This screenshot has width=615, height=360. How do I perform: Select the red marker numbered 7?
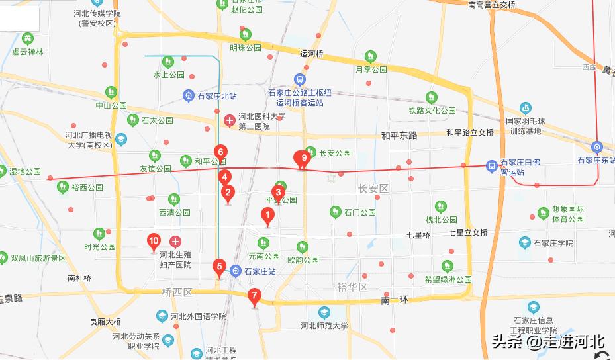pos(254,296)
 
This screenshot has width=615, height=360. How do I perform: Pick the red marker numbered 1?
pos(267,215)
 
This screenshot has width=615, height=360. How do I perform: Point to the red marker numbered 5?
pos(219,267)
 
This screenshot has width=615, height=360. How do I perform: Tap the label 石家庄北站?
pos(216,96)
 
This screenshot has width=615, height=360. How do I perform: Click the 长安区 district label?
pos(373,189)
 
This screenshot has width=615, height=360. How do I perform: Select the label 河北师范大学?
pos(324,326)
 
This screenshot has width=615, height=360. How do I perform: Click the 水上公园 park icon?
pos(168,62)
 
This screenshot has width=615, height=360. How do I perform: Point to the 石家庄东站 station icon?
pos(597,147)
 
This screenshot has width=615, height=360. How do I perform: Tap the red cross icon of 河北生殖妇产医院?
pos(175,242)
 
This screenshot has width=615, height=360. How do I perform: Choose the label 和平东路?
pos(399,136)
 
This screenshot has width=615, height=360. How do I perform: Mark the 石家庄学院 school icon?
pos(525,243)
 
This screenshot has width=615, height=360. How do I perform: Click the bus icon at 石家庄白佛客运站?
pos(492,165)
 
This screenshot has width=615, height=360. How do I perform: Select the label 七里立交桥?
pos(468,232)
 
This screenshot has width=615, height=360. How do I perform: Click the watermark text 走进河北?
pos(573,341)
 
